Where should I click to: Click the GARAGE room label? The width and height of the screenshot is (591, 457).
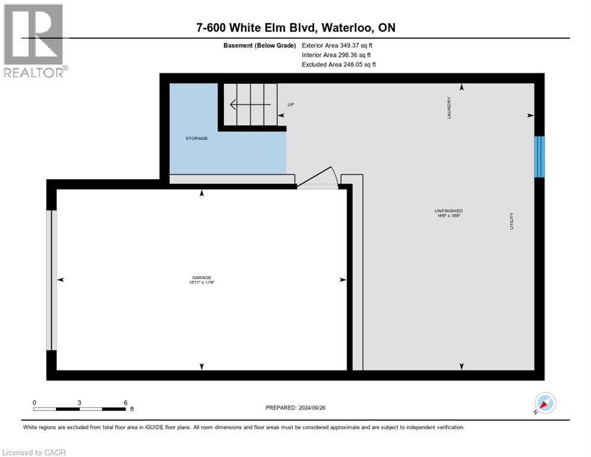(x=202, y=277)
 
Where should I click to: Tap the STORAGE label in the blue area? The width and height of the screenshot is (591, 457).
(x=196, y=138)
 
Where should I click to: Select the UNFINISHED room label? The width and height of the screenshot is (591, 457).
(x=448, y=211)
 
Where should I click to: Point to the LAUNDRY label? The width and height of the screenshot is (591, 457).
(x=449, y=108)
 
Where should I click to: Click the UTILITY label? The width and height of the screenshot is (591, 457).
(x=511, y=221)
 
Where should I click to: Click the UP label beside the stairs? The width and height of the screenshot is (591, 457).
(x=291, y=105)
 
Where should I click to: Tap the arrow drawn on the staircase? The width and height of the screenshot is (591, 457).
(x=250, y=105)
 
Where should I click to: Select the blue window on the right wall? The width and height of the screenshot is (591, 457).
(x=539, y=156)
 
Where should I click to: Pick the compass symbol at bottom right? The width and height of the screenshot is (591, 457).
(x=545, y=403)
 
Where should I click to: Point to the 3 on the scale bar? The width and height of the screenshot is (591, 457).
(x=79, y=402)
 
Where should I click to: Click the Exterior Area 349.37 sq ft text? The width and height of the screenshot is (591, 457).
(x=338, y=45)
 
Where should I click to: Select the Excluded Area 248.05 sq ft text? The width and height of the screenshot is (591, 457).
(x=339, y=64)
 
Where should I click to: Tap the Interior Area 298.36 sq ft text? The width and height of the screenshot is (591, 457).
(x=338, y=55)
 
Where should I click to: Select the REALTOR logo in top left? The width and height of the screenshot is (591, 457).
(x=34, y=40)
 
